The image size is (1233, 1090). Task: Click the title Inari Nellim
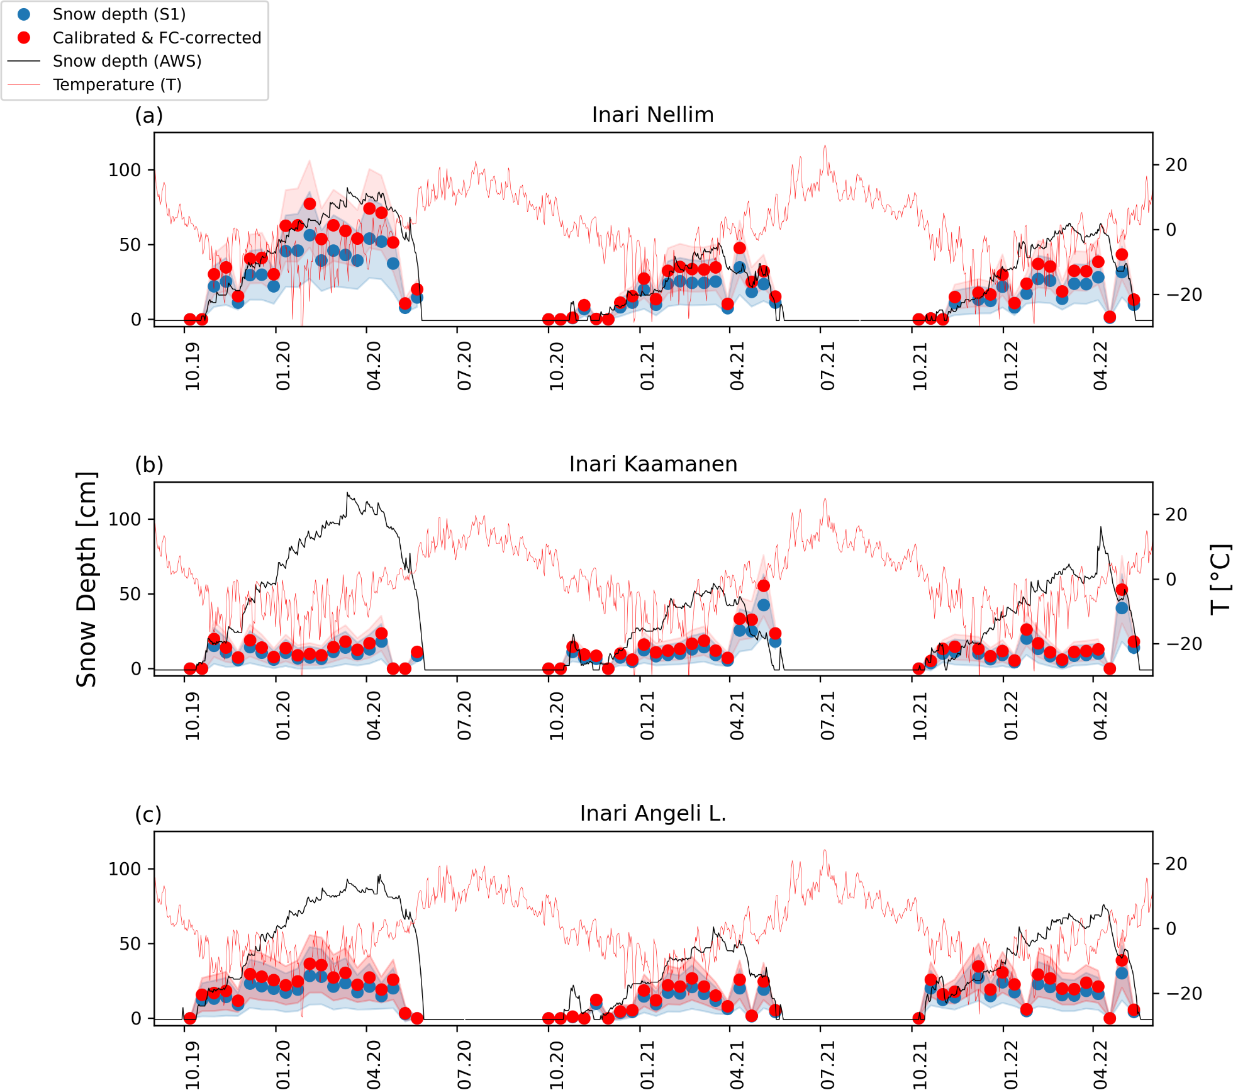click(x=653, y=115)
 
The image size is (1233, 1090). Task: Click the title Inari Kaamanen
click(x=653, y=464)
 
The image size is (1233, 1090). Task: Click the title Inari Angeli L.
click(x=653, y=813)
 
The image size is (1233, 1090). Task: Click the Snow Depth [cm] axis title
click(x=86, y=579)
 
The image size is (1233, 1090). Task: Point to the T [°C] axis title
click(x=1220, y=579)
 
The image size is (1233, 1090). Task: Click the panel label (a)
click(x=149, y=115)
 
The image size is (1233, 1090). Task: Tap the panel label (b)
click(x=149, y=464)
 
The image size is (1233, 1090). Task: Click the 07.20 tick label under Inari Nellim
click(x=464, y=366)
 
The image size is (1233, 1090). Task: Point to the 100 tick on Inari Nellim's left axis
click(x=125, y=170)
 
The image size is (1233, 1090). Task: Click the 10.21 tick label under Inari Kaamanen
click(x=920, y=716)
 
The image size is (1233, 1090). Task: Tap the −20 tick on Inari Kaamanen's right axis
click(x=1184, y=644)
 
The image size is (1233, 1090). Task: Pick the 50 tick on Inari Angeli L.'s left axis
click(x=130, y=943)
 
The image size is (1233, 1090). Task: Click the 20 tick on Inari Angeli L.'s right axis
click(x=1176, y=863)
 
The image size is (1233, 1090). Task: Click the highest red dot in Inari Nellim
click(x=310, y=204)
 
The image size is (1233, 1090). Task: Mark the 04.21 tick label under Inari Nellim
click(x=737, y=366)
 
